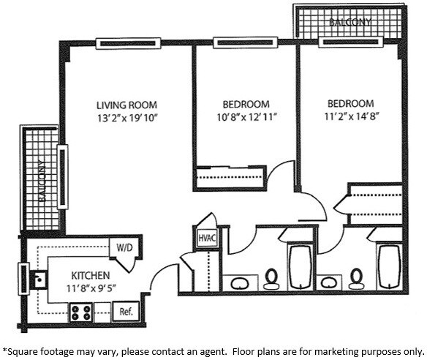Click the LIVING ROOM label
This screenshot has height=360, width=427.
tap(127, 105)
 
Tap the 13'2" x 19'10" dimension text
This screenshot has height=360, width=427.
tap(127, 117)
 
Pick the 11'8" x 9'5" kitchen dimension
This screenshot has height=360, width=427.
tap(85, 277)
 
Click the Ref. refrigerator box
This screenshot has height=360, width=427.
tap(126, 312)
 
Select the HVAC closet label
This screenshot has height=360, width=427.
tap(205, 239)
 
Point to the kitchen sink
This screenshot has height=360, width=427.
tap(39, 279)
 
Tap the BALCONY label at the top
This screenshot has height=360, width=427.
tap(350, 23)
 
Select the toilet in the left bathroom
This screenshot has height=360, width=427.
tap(272, 278)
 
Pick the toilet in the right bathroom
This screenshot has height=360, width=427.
tap(358, 278)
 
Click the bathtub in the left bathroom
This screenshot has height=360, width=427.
tap(301, 267)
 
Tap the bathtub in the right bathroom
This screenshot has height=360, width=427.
tap(389, 267)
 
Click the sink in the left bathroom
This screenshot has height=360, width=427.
tap(238, 282)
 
